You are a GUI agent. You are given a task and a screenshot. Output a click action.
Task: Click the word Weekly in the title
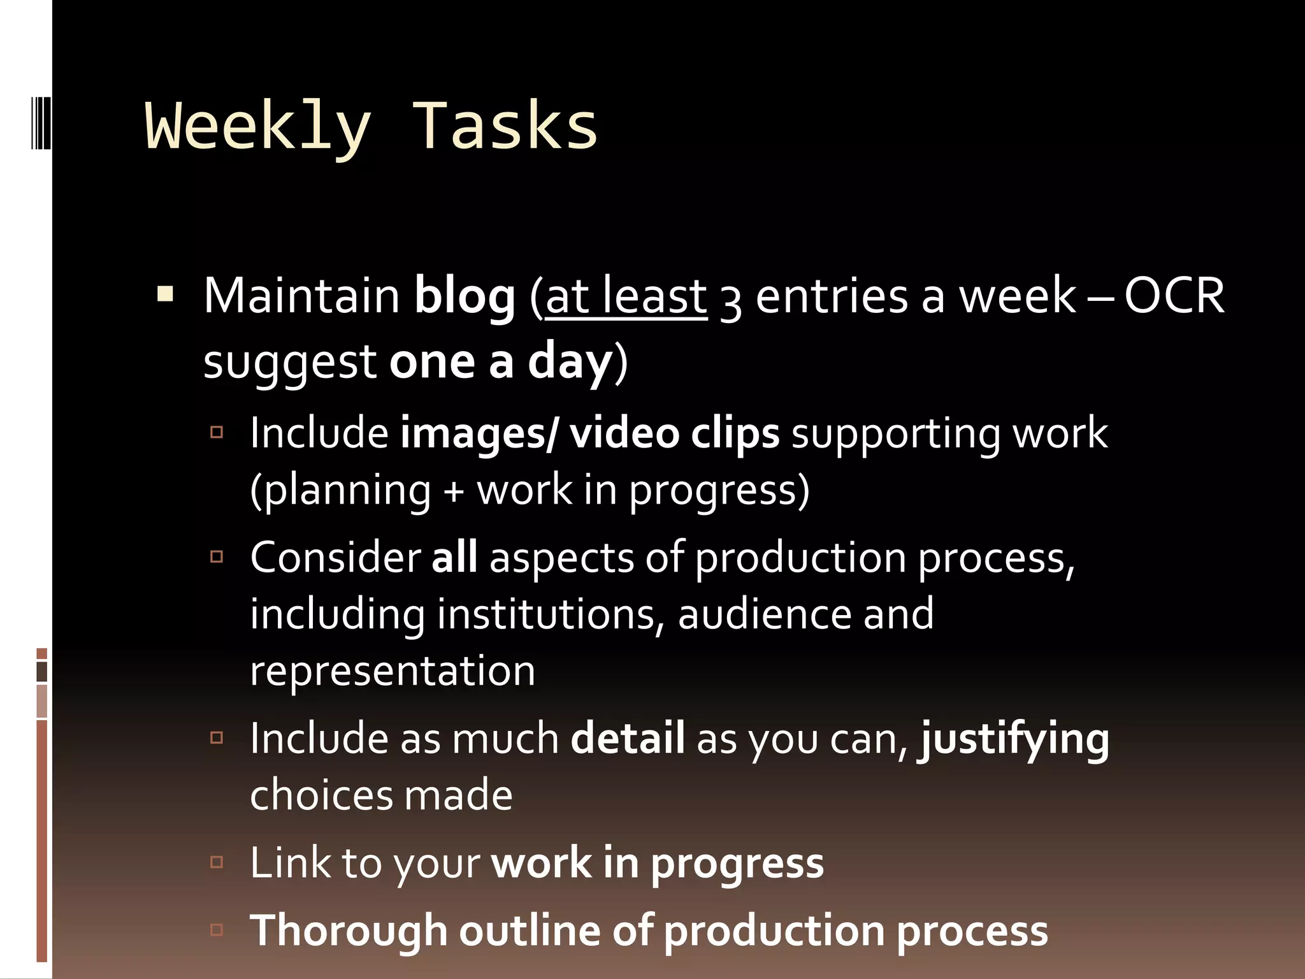pyautogui.click(x=258, y=127)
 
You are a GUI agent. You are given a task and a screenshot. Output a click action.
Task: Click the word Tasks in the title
pyautogui.click(x=505, y=127)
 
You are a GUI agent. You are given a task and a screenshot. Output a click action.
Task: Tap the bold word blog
pyautogui.click(x=465, y=297)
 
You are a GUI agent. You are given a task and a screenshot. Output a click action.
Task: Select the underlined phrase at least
pyautogui.click(x=626, y=297)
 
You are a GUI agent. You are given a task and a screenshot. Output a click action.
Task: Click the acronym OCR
pyautogui.click(x=1174, y=296)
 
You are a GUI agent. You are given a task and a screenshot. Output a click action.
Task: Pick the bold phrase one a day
pyautogui.click(x=501, y=361)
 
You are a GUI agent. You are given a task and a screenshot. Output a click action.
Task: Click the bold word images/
pyautogui.click(x=479, y=433)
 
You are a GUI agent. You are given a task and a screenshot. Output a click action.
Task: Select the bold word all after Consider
pyautogui.click(x=454, y=557)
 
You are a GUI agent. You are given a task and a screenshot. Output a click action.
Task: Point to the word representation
pyautogui.click(x=393, y=671)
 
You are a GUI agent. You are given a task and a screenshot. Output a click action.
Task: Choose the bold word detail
pyautogui.click(x=628, y=739)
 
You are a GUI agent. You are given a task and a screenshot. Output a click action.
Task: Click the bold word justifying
pyautogui.click(x=1013, y=739)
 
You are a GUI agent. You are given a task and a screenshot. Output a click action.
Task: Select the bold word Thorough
pyautogui.click(x=349, y=931)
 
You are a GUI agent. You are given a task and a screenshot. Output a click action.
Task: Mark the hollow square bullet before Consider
pyautogui.click(x=217, y=557)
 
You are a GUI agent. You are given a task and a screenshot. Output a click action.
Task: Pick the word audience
pyautogui.click(x=765, y=614)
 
